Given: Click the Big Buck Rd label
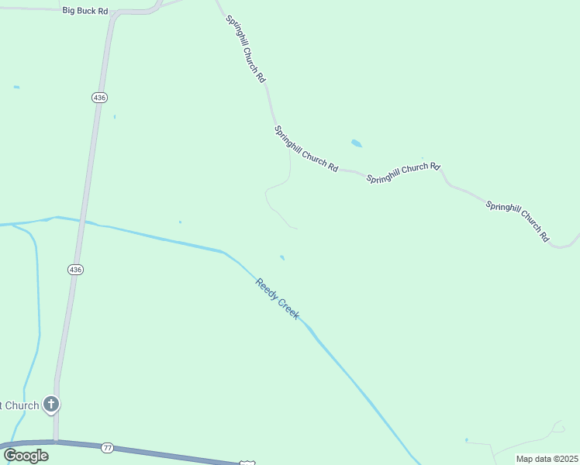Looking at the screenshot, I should (85, 12).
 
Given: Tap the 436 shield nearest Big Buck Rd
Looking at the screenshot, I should (98, 98).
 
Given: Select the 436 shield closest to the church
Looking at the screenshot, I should (74, 270).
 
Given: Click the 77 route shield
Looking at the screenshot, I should (107, 447).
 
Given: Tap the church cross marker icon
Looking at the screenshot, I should (51, 404).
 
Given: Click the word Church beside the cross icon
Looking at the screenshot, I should (22, 405).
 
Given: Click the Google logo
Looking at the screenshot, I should (26, 455).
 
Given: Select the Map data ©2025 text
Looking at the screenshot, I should (547, 459).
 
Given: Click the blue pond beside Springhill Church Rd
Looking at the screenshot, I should (356, 143).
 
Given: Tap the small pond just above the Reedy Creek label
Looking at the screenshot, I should (282, 257).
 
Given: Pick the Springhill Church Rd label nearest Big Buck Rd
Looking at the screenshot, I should (246, 49).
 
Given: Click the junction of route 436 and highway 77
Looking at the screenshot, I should (56, 442).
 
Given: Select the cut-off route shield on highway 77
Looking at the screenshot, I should (247, 462).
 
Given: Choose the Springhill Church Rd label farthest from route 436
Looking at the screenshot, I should (517, 220).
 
